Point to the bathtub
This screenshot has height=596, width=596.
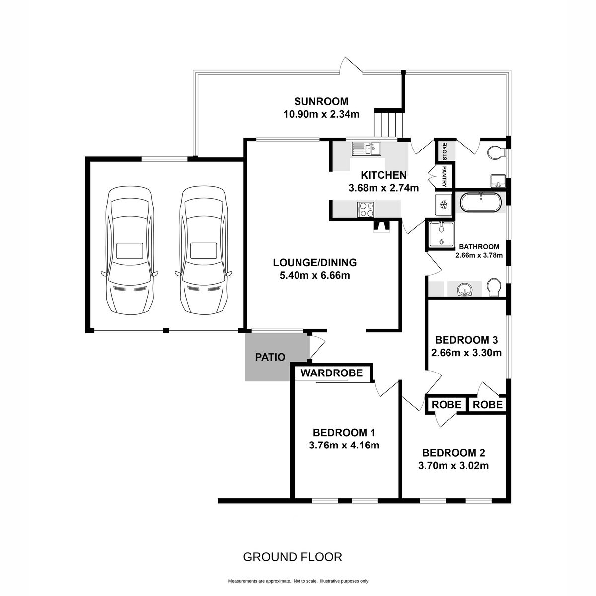(x=480, y=202)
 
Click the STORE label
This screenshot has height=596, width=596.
(x=445, y=151)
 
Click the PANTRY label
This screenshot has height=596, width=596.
(x=444, y=177)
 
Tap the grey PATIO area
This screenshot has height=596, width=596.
(x=277, y=357)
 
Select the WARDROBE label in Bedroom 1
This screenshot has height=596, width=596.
(x=332, y=373)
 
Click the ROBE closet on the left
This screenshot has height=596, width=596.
(x=446, y=405)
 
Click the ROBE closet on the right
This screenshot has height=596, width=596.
(x=488, y=405)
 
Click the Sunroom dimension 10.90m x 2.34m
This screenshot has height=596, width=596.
(x=321, y=114)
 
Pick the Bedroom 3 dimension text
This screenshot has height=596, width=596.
(x=466, y=353)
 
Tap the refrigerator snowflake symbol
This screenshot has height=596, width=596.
(x=444, y=204)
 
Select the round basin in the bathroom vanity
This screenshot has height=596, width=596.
(x=464, y=290)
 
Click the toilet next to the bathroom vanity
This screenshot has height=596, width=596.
(x=494, y=287)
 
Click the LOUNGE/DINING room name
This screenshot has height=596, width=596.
(x=314, y=262)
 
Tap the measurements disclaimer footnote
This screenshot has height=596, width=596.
(x=298, y=581)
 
